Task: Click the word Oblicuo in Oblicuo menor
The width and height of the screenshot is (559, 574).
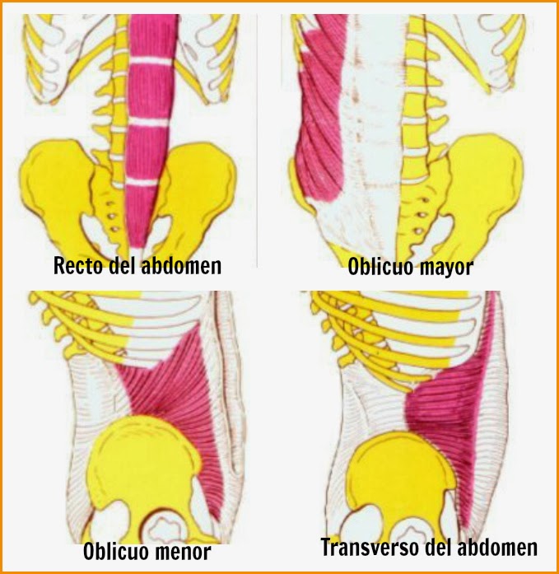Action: pos(114,552)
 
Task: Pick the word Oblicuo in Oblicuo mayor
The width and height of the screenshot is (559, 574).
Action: pos(377,268)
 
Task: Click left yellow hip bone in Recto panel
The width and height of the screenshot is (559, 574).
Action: pos(58,181)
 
